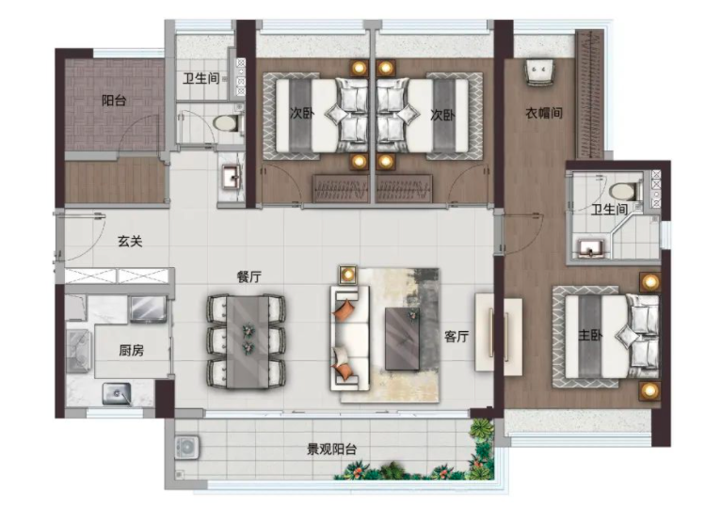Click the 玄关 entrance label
point(130,242)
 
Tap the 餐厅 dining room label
point(249,276)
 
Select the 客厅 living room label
point(457,336)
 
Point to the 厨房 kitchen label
point(131,350)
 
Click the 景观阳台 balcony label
point(332,449)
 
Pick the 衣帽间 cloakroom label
point(544,113)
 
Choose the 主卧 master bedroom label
point(590,335)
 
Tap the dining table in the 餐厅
point(247,341)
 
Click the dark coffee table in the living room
point(403,339)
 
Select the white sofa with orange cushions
point(350,338)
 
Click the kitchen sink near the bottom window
point(117,394)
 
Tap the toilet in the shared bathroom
point(228,123)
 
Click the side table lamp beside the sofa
point(347,274)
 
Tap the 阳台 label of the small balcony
point(114,100)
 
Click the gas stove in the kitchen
point(79,351)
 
